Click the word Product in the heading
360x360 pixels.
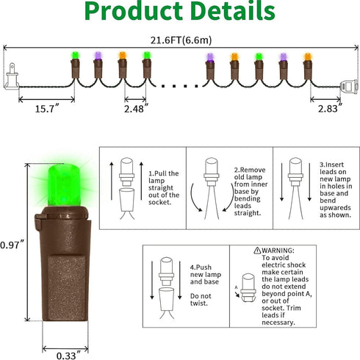point(134,11)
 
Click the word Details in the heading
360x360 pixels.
point(233,10)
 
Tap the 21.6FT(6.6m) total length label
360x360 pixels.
point(181,40)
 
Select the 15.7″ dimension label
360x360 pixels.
point(47,109)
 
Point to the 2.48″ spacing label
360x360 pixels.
point(136,109)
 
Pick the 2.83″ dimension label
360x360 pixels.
point(330,109)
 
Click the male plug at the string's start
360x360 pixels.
point(11,76)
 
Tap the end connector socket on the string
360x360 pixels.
point(349,87)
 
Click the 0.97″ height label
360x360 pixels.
point(12,245)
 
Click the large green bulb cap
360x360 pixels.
point(64,185)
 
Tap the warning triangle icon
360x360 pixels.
point(257,251)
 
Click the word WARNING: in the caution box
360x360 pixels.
point(278,251)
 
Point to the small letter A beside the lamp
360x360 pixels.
point(236,287)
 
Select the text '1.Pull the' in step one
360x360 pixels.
point(164,173)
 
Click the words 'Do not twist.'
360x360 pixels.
point(201,300)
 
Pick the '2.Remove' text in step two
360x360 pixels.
point(250,170)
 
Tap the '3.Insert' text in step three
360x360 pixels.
point(331,165)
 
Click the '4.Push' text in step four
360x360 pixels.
point(201,267)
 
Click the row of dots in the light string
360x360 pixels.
point(180,86)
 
